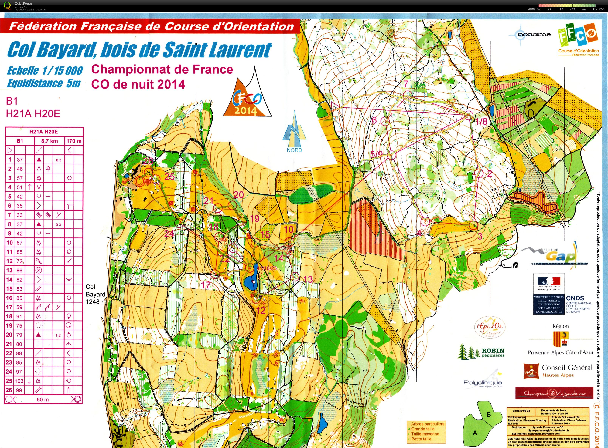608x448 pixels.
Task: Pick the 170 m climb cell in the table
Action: tap(74, 141)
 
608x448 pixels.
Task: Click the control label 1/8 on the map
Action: tap(482, 121)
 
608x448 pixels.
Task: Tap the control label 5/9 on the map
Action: tap(376, 154)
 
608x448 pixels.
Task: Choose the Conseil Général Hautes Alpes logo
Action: tap(558, 371)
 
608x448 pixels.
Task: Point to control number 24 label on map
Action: tap(169, 233)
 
